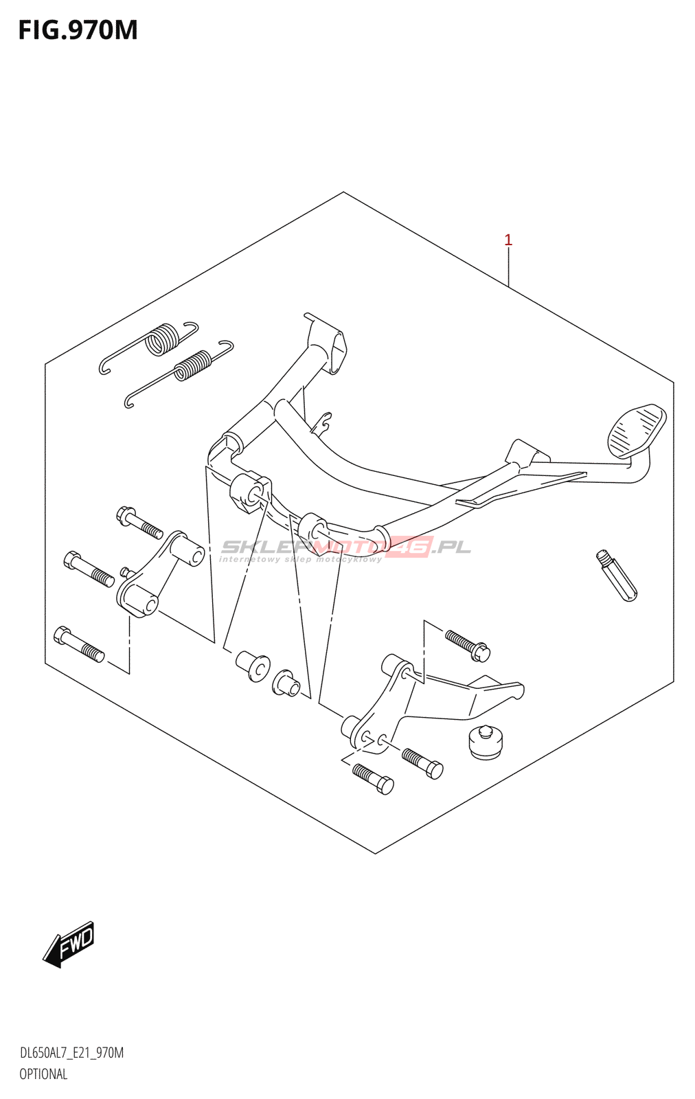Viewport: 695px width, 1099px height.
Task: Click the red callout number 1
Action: pos(508,240)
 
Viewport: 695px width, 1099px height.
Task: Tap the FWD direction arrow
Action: pos(68,945)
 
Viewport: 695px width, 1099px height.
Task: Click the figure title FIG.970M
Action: pos(78,30)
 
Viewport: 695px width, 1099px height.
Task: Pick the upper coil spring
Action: pos(148,347)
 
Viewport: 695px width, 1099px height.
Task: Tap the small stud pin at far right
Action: pos(617,576)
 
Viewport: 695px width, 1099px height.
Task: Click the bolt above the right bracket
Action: pos(468,645)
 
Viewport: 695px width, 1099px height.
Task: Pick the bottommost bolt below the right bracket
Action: pos(373,779)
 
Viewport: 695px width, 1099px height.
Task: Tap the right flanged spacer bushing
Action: pos(286,683)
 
